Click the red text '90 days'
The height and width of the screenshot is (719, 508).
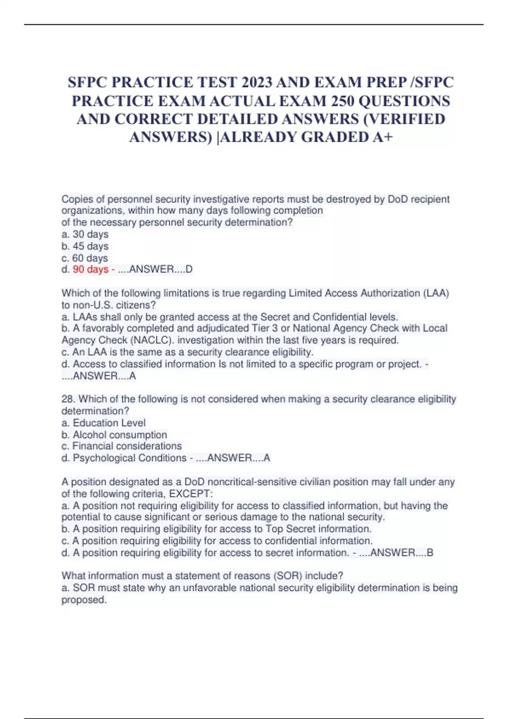click(x=91, y=269)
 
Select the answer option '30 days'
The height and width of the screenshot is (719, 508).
click(x=90, y=234)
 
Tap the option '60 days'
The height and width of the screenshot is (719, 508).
click(x=90, y=258)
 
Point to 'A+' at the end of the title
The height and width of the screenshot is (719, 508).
click(x=383, y=137)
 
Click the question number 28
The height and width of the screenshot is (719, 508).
click(x=68, y=399)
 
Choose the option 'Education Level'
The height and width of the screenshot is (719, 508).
click(x=109, y=423)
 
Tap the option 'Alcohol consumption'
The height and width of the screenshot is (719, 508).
click(x=120, y=435)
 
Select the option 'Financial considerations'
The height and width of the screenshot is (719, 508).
click(x=127, y=446)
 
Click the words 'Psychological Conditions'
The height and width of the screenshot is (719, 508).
click(x=130, y=458)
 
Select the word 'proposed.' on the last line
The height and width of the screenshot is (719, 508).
click(x=84, y=600)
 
